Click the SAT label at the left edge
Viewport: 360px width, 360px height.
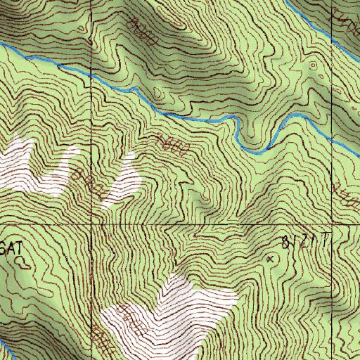13,247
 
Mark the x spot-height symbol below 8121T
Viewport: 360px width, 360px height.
269,259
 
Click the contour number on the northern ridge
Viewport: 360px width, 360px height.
144,32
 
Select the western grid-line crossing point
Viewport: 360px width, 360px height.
91,224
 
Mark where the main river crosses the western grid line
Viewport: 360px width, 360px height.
91,74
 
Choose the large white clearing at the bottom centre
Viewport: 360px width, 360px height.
176,309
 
